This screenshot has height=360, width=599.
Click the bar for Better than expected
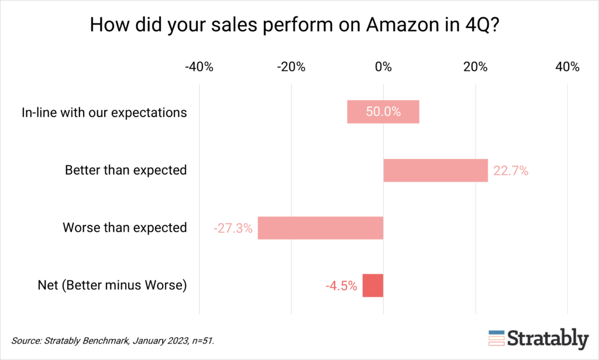tap(435, 170)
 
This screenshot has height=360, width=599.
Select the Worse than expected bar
tap(321, 228)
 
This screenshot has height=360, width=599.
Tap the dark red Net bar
tap(373, 286)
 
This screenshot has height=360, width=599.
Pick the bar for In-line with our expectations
tap(383, 112)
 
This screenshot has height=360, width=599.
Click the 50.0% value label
tap(383, 112)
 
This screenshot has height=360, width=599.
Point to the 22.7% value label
tap(511, 171)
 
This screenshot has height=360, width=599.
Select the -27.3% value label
tap(233, 228)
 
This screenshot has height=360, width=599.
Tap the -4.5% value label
tap(341, 286)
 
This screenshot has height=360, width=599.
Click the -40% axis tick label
tap(199, 67)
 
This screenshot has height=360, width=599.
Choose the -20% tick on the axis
tap(291, 67)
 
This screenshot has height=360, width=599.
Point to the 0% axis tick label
tap(383, 67)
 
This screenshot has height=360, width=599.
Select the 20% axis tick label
tap(475, 67)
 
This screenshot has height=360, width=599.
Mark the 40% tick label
tap(567, 67)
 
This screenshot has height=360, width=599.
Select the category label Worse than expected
tap(125, 228)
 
